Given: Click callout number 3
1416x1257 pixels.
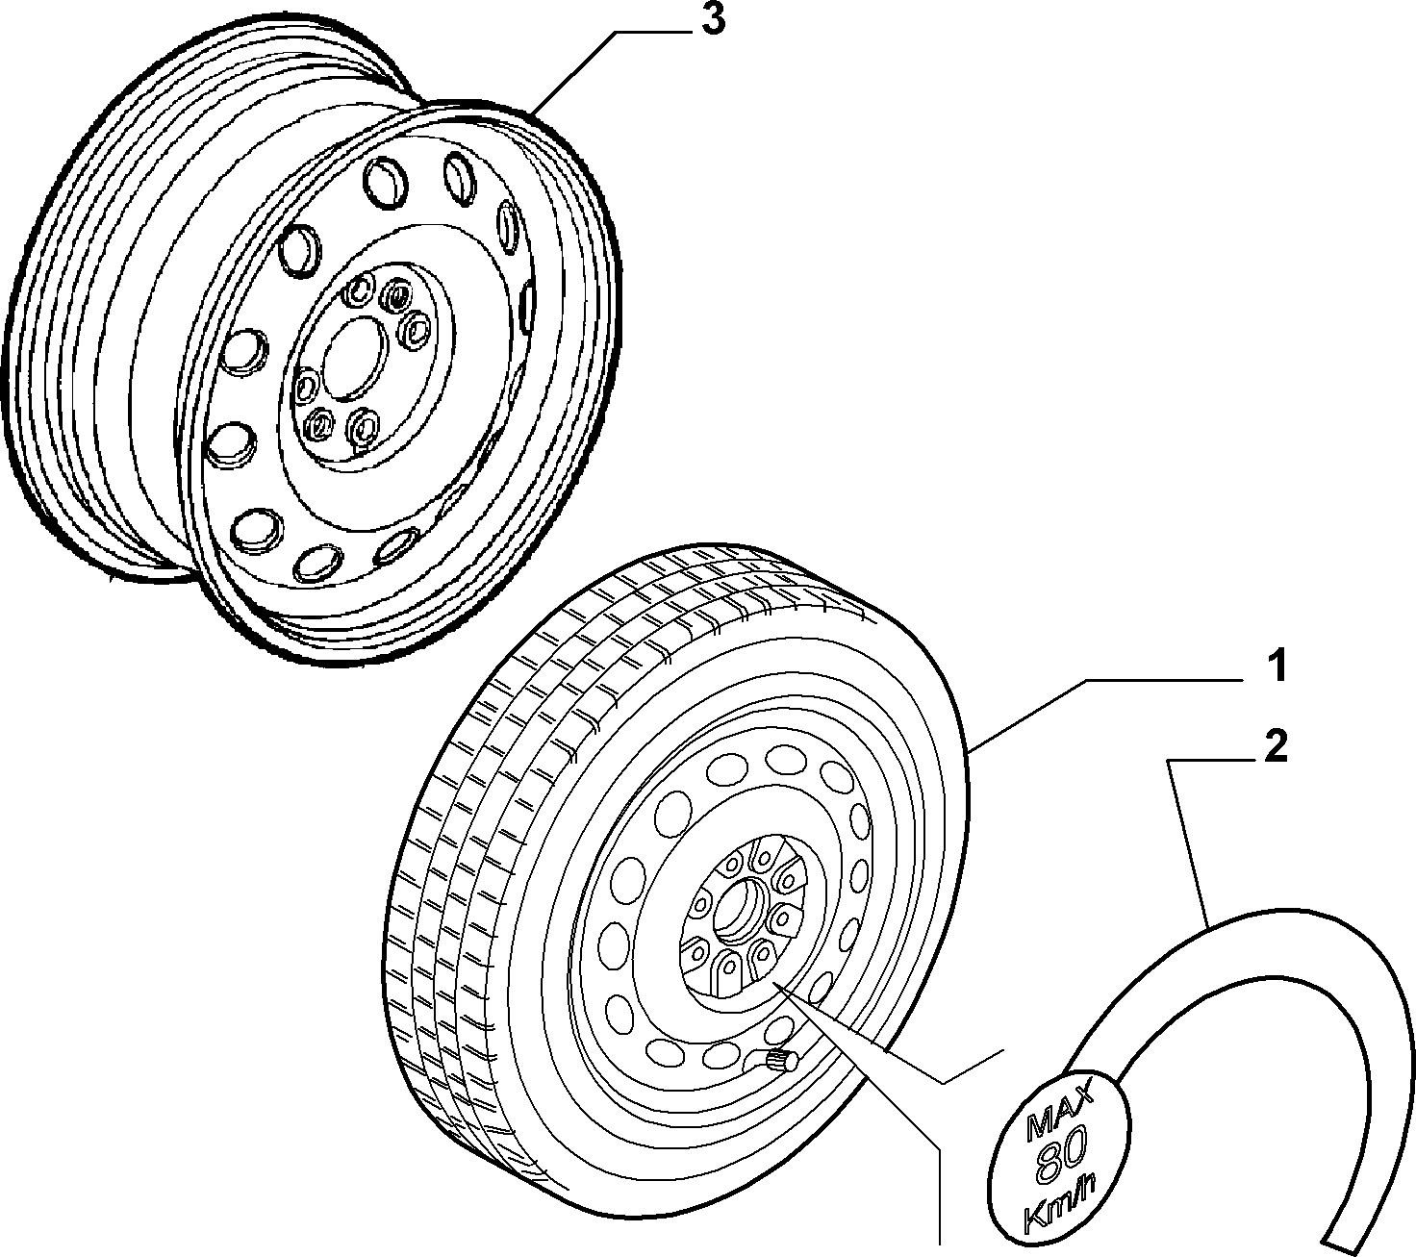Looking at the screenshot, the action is (x=713, y=21).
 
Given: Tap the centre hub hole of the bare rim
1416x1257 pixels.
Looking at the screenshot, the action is (x=353, y=359).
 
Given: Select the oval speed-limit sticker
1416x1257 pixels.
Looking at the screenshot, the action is (x=1059, y=1163).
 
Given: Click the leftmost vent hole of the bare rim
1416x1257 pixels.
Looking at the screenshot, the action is (x=229, y=443).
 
